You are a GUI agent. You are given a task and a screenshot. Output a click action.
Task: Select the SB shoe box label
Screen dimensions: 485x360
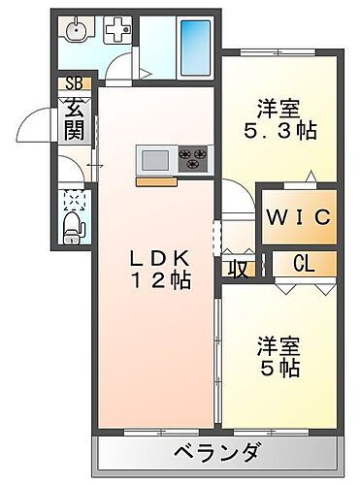pyautogui.click(x=74, y=83)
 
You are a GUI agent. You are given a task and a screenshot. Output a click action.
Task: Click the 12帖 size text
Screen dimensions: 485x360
pyautogui.click(x=162, y=281)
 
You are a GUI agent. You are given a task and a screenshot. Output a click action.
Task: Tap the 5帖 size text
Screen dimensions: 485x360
pyautogui.click(x=279, y=368)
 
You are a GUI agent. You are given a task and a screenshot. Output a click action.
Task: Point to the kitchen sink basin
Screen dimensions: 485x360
pyautogui.click(x=154, y=157)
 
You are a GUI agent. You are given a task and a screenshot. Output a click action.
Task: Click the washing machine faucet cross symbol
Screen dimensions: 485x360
pyautogui.click(x=117, y=31)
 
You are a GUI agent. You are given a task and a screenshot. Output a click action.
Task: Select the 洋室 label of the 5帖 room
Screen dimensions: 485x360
pyautogui.click(x=278, y=344)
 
